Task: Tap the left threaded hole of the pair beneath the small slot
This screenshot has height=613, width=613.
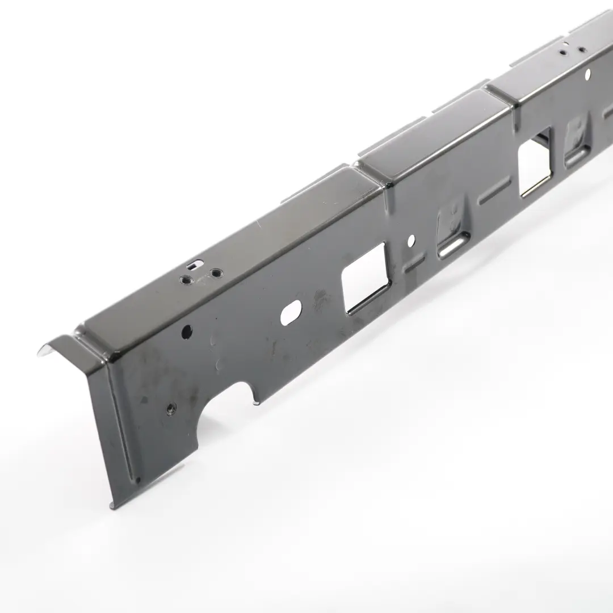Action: click(x=186, y=279)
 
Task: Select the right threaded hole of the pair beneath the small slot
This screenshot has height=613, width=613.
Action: click(x=216, y=274)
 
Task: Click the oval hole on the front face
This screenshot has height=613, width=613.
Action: click(x=291, y=313)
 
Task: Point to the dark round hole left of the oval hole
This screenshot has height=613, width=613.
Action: click(x=187, y=331)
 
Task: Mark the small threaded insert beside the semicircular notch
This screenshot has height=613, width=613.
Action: click(x=170, y=406)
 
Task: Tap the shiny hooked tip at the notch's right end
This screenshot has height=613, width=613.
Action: click(x=256, y=402)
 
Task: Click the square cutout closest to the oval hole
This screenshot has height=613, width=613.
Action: click(x=366, y=278)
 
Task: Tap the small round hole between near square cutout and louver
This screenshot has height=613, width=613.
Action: click(x=411, y=241)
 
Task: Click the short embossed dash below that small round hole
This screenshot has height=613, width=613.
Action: click(x=415, y=263)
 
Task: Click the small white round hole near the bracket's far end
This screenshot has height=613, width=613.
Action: click(x=587, y=73)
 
